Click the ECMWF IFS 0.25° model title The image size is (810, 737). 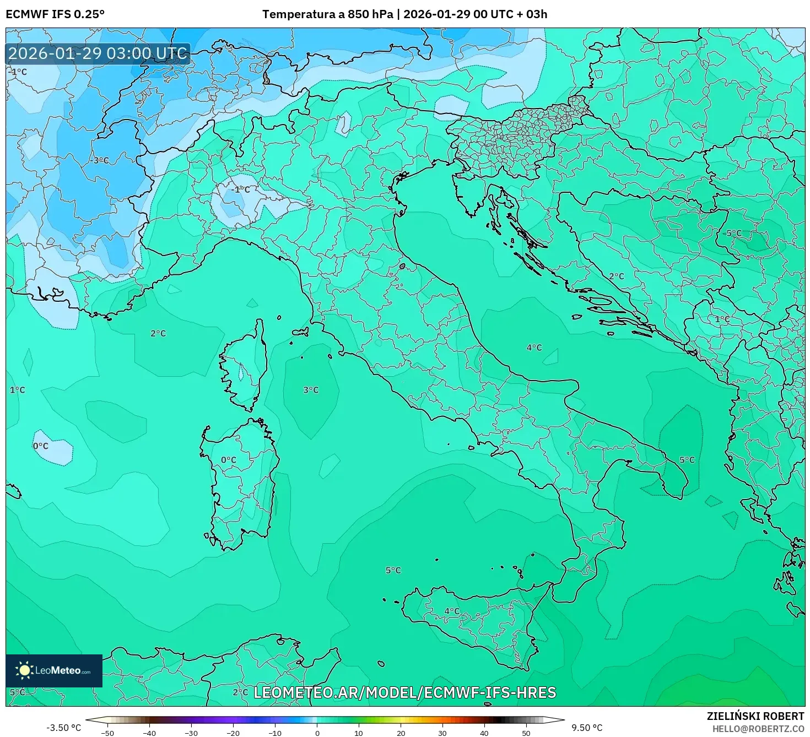55,14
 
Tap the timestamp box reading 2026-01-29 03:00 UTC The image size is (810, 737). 98,53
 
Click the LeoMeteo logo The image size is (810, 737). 54,670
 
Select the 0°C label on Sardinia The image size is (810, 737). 228,460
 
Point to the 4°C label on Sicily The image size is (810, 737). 452,611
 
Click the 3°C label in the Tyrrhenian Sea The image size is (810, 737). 311,390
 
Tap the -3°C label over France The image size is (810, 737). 100,160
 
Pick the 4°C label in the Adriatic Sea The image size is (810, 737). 534,348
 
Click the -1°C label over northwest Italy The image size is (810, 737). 241,189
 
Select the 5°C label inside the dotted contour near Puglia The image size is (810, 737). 687,460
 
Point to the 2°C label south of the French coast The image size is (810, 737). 158,333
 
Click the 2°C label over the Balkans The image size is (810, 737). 617,277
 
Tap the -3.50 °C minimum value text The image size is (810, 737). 63,728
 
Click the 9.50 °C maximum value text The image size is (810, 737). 587,728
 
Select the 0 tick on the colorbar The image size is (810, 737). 317,733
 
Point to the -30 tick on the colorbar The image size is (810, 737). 191,733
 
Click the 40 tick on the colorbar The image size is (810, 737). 484,733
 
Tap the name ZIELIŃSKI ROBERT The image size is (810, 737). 755,716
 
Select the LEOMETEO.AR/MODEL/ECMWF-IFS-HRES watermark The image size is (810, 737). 404,692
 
